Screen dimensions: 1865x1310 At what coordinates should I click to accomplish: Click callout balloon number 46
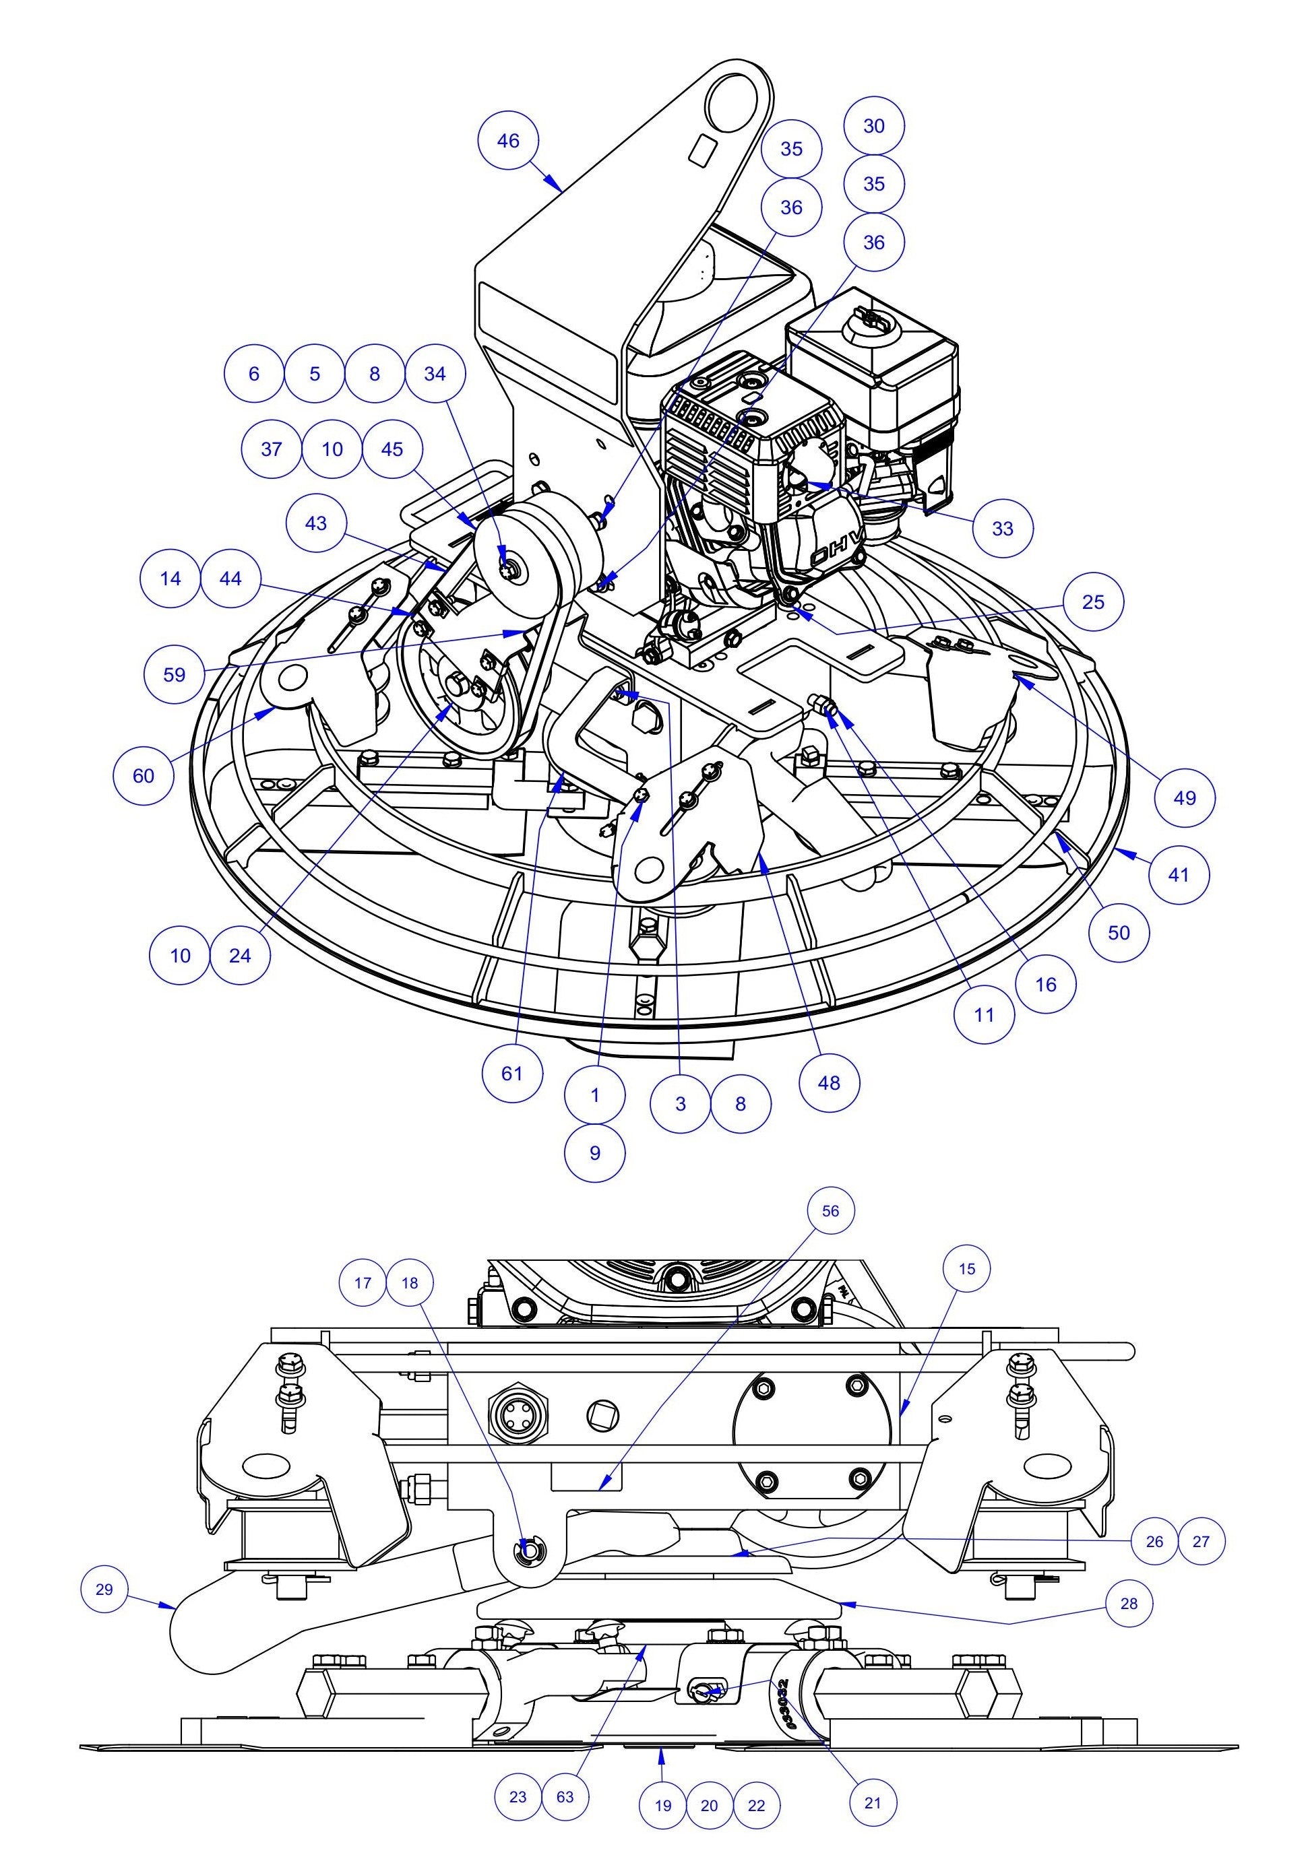[x=508, y=141]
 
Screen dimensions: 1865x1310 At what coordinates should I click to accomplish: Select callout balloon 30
[x=873, y=126]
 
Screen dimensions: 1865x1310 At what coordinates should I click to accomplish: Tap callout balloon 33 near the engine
[x=1003, y=528]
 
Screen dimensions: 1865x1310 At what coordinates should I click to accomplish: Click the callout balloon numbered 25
[x=1093, y=602]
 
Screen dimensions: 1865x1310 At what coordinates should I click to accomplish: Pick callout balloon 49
[x=1185, y=797]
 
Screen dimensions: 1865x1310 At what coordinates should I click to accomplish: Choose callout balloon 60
[x=143, y=775]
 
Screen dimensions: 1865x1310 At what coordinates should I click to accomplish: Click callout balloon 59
[x=174, y=674]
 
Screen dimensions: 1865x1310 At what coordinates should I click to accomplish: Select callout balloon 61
[x=512, y=1073]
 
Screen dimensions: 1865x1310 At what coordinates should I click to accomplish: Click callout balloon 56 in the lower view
[x=830, y=1210]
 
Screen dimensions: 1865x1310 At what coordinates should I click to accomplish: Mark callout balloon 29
[x=104, y=1588]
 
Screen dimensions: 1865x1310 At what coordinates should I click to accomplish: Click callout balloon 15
[x=966, y=1268]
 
